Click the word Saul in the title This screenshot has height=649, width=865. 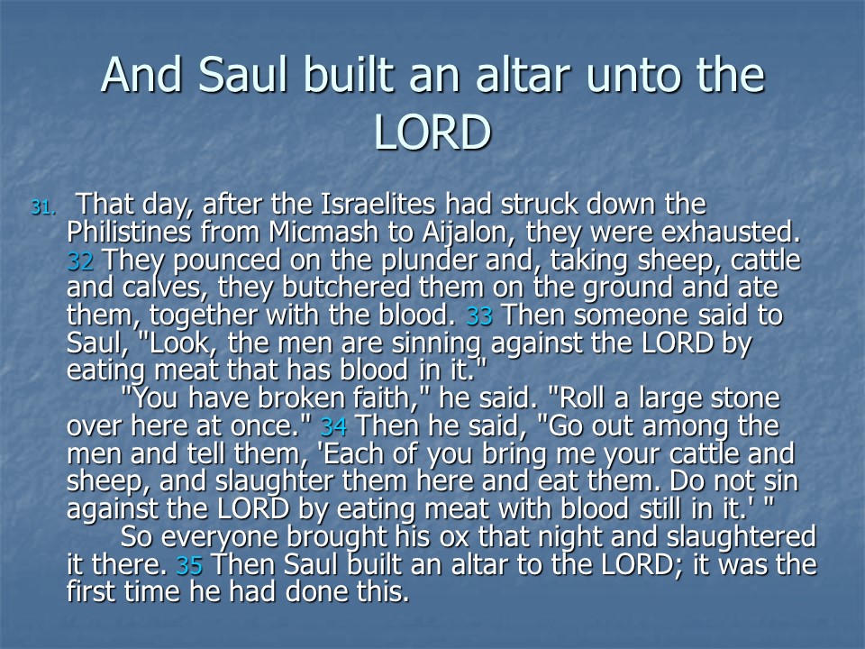click(x=242, y=75)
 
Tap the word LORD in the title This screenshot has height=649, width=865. click(x=432, y=133)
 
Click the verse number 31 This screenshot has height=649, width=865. click(x=43, y=207)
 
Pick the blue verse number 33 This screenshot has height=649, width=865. click(x=479, y=316)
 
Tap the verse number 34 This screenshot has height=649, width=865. click(x=333, y=426)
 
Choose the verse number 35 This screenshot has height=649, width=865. click(x=189, y=565)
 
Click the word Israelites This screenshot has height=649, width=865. click(x=378, y=205)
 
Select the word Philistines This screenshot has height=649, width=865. click(x=129, y=232)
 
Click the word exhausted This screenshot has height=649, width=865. click(x=731, y=232)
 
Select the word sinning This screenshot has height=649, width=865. click(x=436, y=343)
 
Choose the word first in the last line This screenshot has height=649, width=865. click(x=92, y=591)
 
